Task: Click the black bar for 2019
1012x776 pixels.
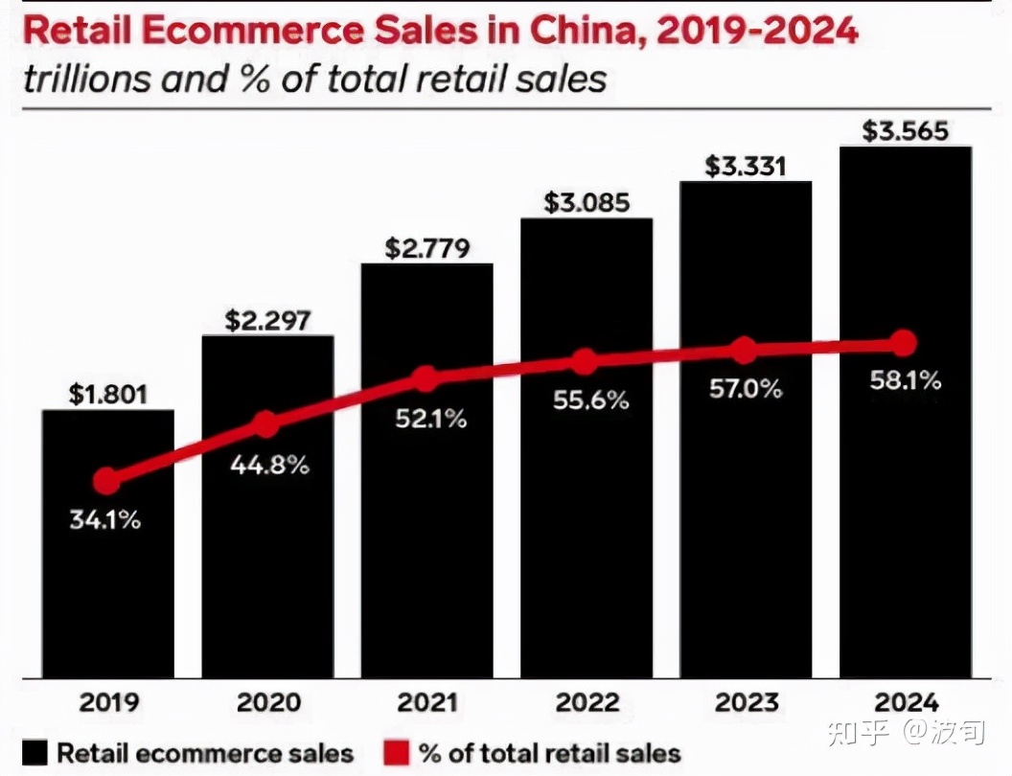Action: click(107, 575)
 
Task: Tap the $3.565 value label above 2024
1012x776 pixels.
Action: click(905, 130)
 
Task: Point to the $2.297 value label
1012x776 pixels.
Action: click(267, 321)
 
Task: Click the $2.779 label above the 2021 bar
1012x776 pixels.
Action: click(427, 248)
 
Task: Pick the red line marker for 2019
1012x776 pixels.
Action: click(107, 481)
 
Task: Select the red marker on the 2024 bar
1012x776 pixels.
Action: click(903, 343)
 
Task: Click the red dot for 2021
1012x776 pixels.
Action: click(426, 378)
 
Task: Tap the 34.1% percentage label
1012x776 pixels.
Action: click(105, 522)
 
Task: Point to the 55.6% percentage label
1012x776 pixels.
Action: click(590, 400)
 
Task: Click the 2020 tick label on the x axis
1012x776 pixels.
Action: click(268, 702)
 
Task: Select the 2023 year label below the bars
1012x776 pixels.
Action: click(746, 702)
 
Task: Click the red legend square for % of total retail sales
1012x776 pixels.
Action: click(397, 753)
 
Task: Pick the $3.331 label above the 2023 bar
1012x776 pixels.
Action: click(746, 166)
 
